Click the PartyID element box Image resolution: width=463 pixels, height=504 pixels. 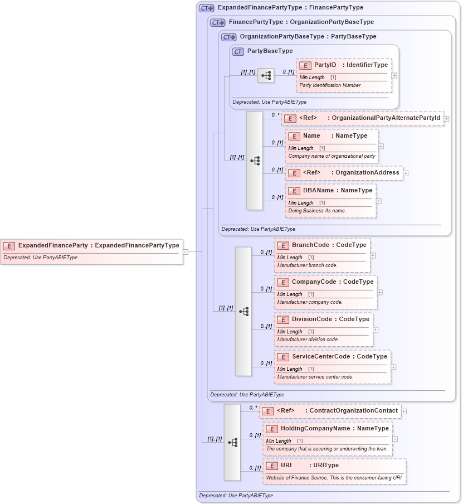click(x=344, y=74)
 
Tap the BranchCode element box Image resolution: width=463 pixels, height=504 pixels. click(x=321, y=255)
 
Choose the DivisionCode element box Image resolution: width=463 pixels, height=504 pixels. click(x=323, y=329)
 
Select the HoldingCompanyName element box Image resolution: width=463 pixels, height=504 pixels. click(x=327, y=438)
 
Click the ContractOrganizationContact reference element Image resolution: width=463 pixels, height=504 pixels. click(x=330, y=411)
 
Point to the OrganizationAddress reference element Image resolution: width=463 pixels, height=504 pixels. click(x=344, y=173)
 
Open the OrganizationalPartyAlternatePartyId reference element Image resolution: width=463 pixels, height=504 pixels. click(x=362, y=118)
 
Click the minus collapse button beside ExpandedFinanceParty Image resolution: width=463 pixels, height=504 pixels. click(x=186, y=251)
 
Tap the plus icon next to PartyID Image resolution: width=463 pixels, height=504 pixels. click(x=394, y=75)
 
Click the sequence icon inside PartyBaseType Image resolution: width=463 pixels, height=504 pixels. click(x=265, y=75)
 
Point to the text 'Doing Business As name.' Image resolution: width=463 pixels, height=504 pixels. click(x=317, y=211)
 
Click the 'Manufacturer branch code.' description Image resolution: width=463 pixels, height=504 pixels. click(x=307, y=265)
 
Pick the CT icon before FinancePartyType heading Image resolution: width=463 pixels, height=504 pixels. click(x=217, y=23)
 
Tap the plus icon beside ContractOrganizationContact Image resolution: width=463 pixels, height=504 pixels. click(x=403, y=411)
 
